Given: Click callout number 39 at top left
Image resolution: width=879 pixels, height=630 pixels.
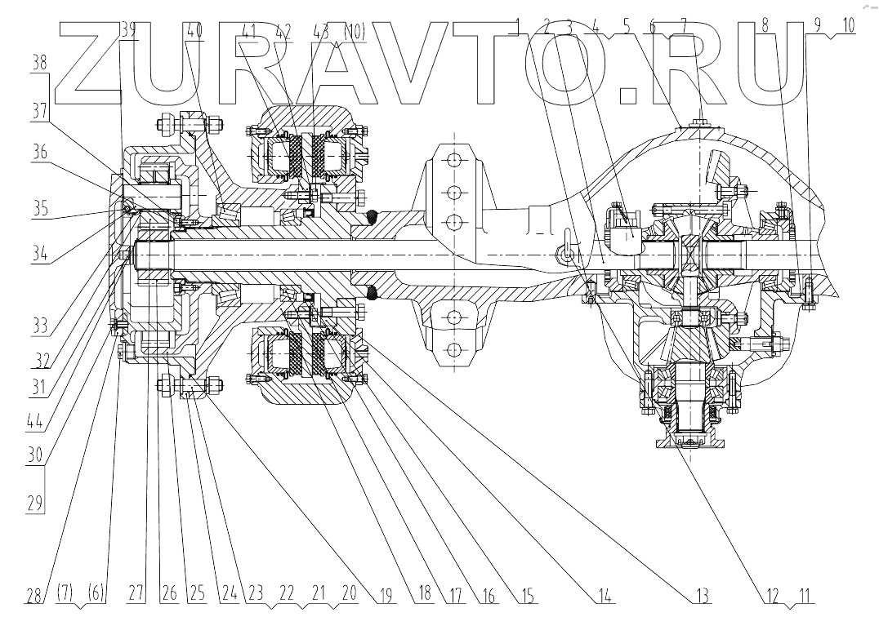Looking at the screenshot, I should pos(128,29).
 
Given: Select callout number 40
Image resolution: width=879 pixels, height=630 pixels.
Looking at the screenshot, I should pos(196,29).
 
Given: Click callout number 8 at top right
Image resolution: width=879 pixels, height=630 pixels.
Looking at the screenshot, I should pos(765,26).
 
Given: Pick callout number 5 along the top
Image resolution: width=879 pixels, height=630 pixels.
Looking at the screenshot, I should pos(625,26).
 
